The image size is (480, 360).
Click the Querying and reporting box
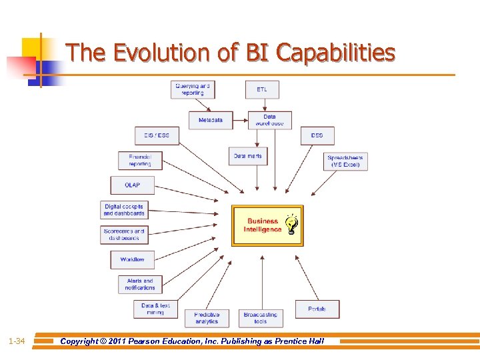click(193, 89)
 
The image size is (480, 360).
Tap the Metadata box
click(211, 120)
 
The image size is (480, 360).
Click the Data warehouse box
click(269, 120)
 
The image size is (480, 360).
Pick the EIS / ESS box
click(157, 135)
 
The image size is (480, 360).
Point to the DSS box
click(317, 135)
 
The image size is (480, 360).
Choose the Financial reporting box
click(140, 161)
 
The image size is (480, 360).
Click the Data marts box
click(247, 156)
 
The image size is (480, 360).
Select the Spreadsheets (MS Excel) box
click(345, 161)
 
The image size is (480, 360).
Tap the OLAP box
click(133, 185)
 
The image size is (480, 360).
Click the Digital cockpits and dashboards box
click(124, 210)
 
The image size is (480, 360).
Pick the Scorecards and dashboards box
click(124, 235)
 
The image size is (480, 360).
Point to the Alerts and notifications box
click(140, 284)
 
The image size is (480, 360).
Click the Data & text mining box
click(155, 309)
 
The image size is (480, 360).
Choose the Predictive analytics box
click(207, 318)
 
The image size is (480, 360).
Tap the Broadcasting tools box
click(261, 318)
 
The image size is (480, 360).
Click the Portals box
click(317, 309)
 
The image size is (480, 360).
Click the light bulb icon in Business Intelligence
click(291, 225)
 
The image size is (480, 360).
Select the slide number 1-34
click(17, 341)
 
